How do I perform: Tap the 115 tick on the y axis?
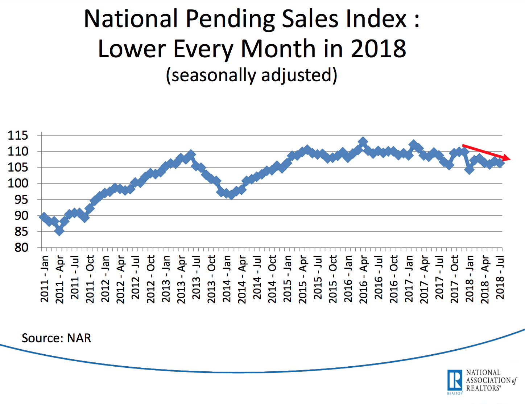tap(18, 136)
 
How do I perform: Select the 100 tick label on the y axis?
tap(18, 184)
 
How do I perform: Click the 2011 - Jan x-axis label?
tap(44, 279)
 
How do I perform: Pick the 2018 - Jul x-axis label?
tap(500, 279)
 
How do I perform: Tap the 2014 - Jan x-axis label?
tap(227, 279)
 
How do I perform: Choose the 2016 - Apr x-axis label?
tap(363, 279)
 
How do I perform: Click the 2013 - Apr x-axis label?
tap(181, 279)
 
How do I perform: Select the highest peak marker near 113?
tap(363, 142)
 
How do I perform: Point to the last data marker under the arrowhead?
tap(500, 163)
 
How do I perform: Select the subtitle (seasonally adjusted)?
tap(252, 75)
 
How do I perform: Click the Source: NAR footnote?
tap(56, 338)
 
